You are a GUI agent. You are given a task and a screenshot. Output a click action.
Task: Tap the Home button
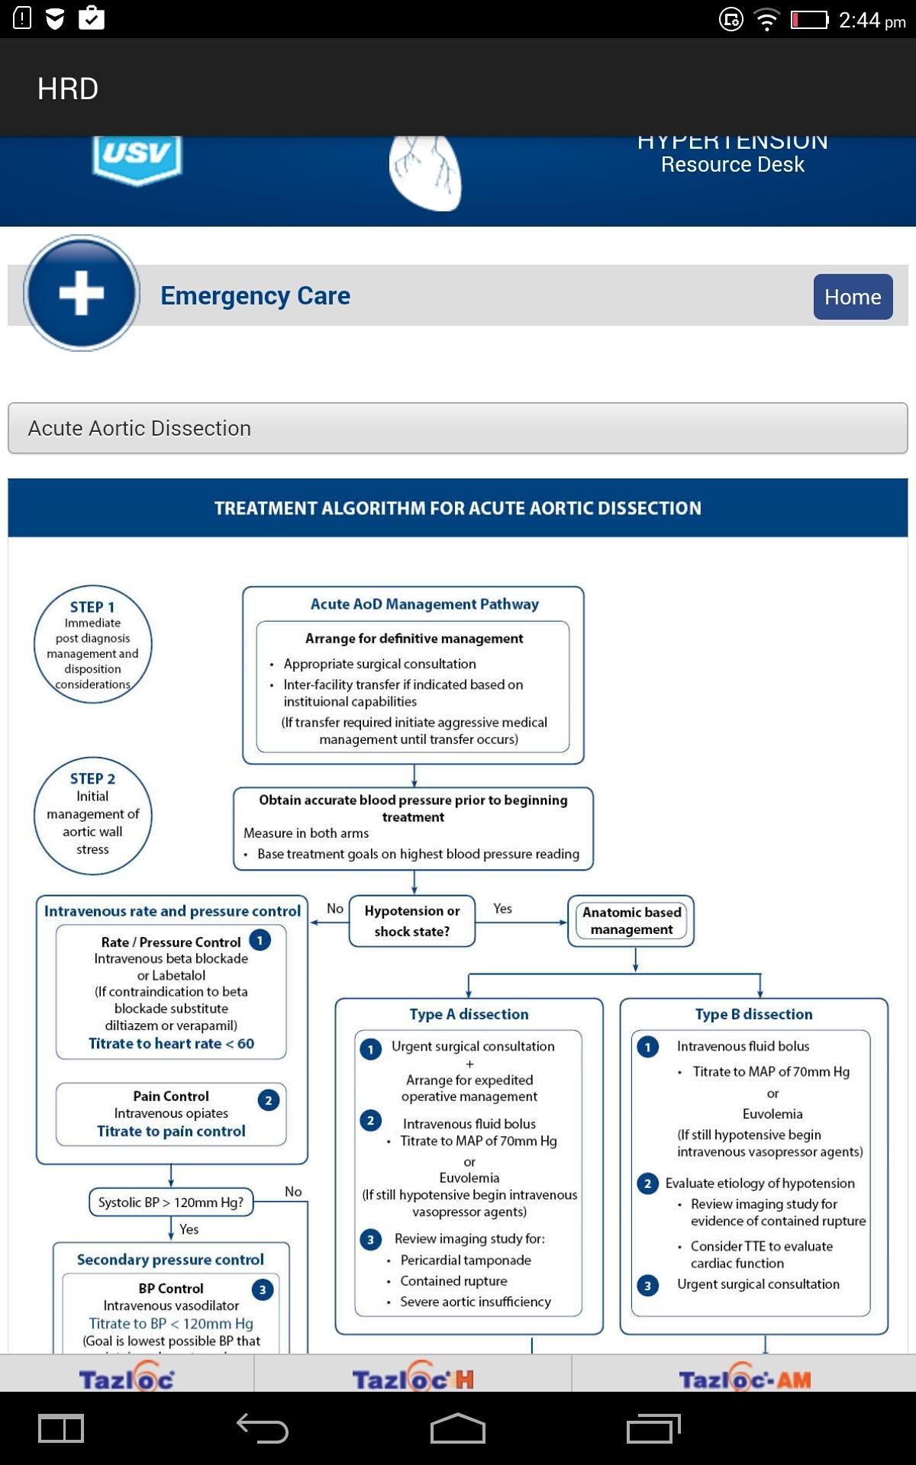[853, 297]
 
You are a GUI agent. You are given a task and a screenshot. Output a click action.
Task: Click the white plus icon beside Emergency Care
[81, 293]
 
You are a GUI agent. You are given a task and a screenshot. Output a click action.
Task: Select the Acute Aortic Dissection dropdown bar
[458, 428]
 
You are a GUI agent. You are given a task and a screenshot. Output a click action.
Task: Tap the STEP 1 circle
[93, 644]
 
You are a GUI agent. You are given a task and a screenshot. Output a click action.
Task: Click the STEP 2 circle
[93, 815]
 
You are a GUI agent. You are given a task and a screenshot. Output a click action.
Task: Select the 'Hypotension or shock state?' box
[412, 921]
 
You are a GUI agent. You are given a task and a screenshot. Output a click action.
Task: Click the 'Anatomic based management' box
[631, 921]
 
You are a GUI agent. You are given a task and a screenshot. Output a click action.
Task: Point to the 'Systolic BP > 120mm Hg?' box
[171, 1203]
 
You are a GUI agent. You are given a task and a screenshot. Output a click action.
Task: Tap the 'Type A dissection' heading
[469, 1014]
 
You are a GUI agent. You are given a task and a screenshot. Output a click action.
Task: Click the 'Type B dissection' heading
[753, 1014]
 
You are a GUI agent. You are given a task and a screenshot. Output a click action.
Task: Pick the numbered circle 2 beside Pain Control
[268, 1100]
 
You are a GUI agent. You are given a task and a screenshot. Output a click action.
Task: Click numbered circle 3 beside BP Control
[263, 1290]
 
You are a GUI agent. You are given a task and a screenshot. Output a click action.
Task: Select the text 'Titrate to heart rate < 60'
[171, 1043]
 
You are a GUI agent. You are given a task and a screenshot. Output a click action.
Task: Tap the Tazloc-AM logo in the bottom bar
[744, 1378]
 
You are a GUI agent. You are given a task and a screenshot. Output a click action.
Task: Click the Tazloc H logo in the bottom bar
[412, 1378]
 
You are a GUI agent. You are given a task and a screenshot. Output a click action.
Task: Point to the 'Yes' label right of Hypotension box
[502, 908]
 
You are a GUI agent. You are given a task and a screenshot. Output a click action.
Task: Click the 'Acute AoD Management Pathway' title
[424, 604]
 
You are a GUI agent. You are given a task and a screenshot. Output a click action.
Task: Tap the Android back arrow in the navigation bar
[262, 1428]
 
